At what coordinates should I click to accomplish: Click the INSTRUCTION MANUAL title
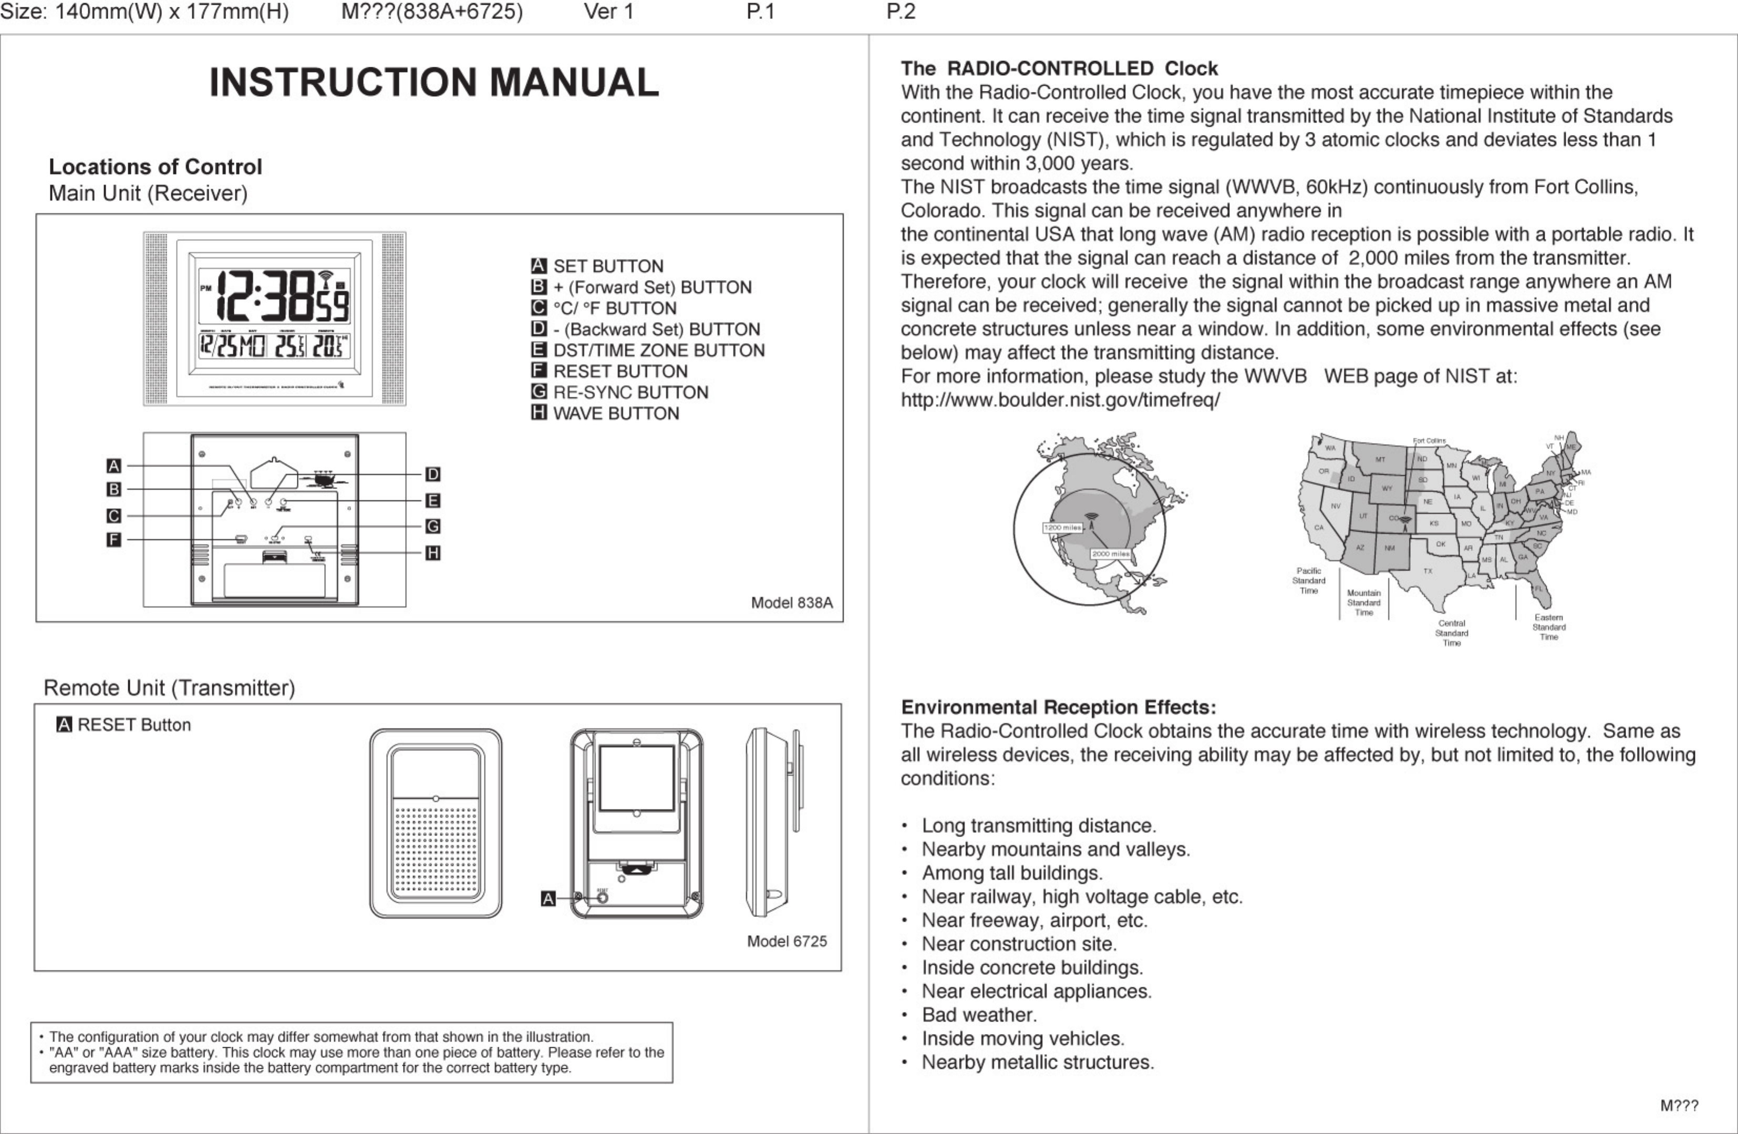click(x=434, y=82)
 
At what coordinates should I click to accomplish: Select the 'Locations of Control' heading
click(x=155, y=167)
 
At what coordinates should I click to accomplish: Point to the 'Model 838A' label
click(x=792, y=602)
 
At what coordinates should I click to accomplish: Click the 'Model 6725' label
click(x=787, y=941)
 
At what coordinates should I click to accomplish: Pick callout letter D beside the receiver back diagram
click(x=432, y=475)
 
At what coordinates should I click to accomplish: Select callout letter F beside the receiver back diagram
click(x=113, y=540)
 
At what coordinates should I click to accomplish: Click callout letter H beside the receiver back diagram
click(x=432, y=553)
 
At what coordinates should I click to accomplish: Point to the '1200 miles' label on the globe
click(x=1062, y=527)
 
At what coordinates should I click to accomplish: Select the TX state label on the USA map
click(x=1427, y=571)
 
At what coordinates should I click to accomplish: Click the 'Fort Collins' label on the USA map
click(x=1429, y=441)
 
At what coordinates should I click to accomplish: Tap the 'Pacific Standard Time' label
click(x=1309, y=581)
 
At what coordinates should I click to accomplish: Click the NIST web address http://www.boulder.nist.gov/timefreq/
click(x=1060, y=400)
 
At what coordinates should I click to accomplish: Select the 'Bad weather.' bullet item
click(x=978, y=1015)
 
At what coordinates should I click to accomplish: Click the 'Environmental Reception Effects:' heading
click(x=1058, y=707)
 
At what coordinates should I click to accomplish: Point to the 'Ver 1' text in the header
click(x=608, y=12)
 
